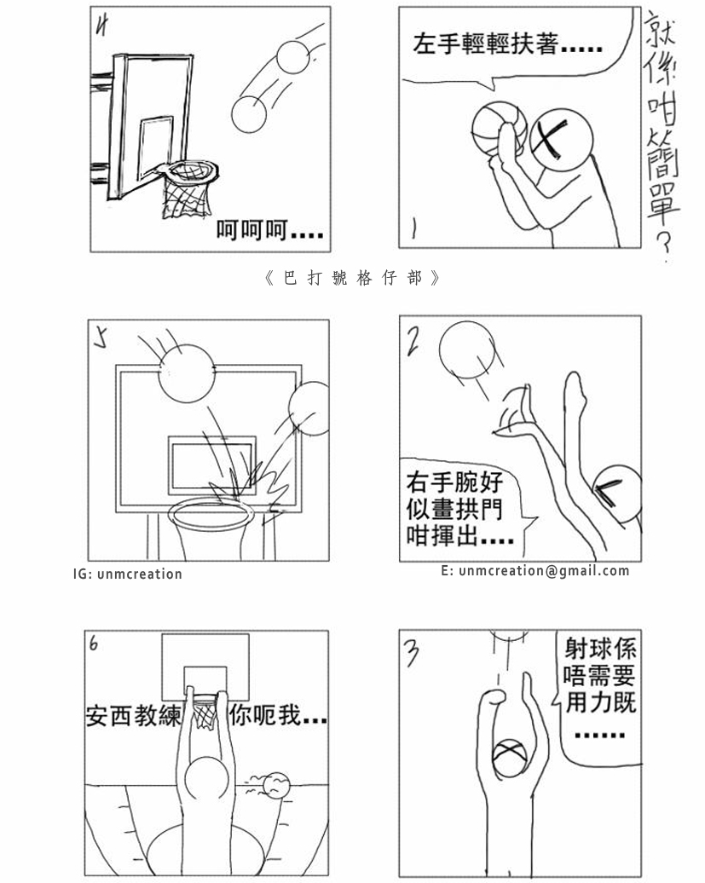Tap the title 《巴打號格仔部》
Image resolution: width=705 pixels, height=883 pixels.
352,279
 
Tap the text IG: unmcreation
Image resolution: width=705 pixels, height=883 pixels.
128,574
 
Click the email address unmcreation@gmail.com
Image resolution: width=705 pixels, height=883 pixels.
535,571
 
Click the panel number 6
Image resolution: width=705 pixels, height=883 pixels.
94,644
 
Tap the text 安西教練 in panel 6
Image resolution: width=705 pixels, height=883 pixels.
134,717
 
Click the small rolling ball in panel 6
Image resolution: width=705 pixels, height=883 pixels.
276,786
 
